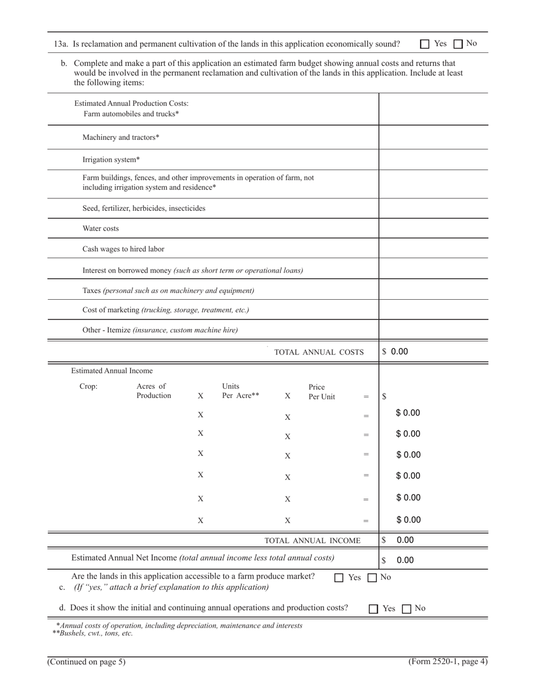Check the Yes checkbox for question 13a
click(425, 44)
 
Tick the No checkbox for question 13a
click(458, 44)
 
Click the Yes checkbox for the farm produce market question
click(339, 577)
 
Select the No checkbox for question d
click(407, 609)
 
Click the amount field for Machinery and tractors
click(433, 137)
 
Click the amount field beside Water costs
click(433, 228)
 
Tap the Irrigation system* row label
click(111, 160)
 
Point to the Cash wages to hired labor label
click(123, 249)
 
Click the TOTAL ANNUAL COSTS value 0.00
click(399, 352)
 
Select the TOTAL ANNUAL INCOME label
click(313, 541)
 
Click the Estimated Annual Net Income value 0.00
click(405, 561)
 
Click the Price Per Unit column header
click(322, 392)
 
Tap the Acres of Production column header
click(154, 391)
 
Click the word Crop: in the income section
click(88, 387)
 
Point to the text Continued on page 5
click(86, 662)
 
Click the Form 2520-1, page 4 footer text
click(448, 661)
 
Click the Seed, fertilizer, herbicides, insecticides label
click(144, 208)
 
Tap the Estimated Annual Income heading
click(112, 371)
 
